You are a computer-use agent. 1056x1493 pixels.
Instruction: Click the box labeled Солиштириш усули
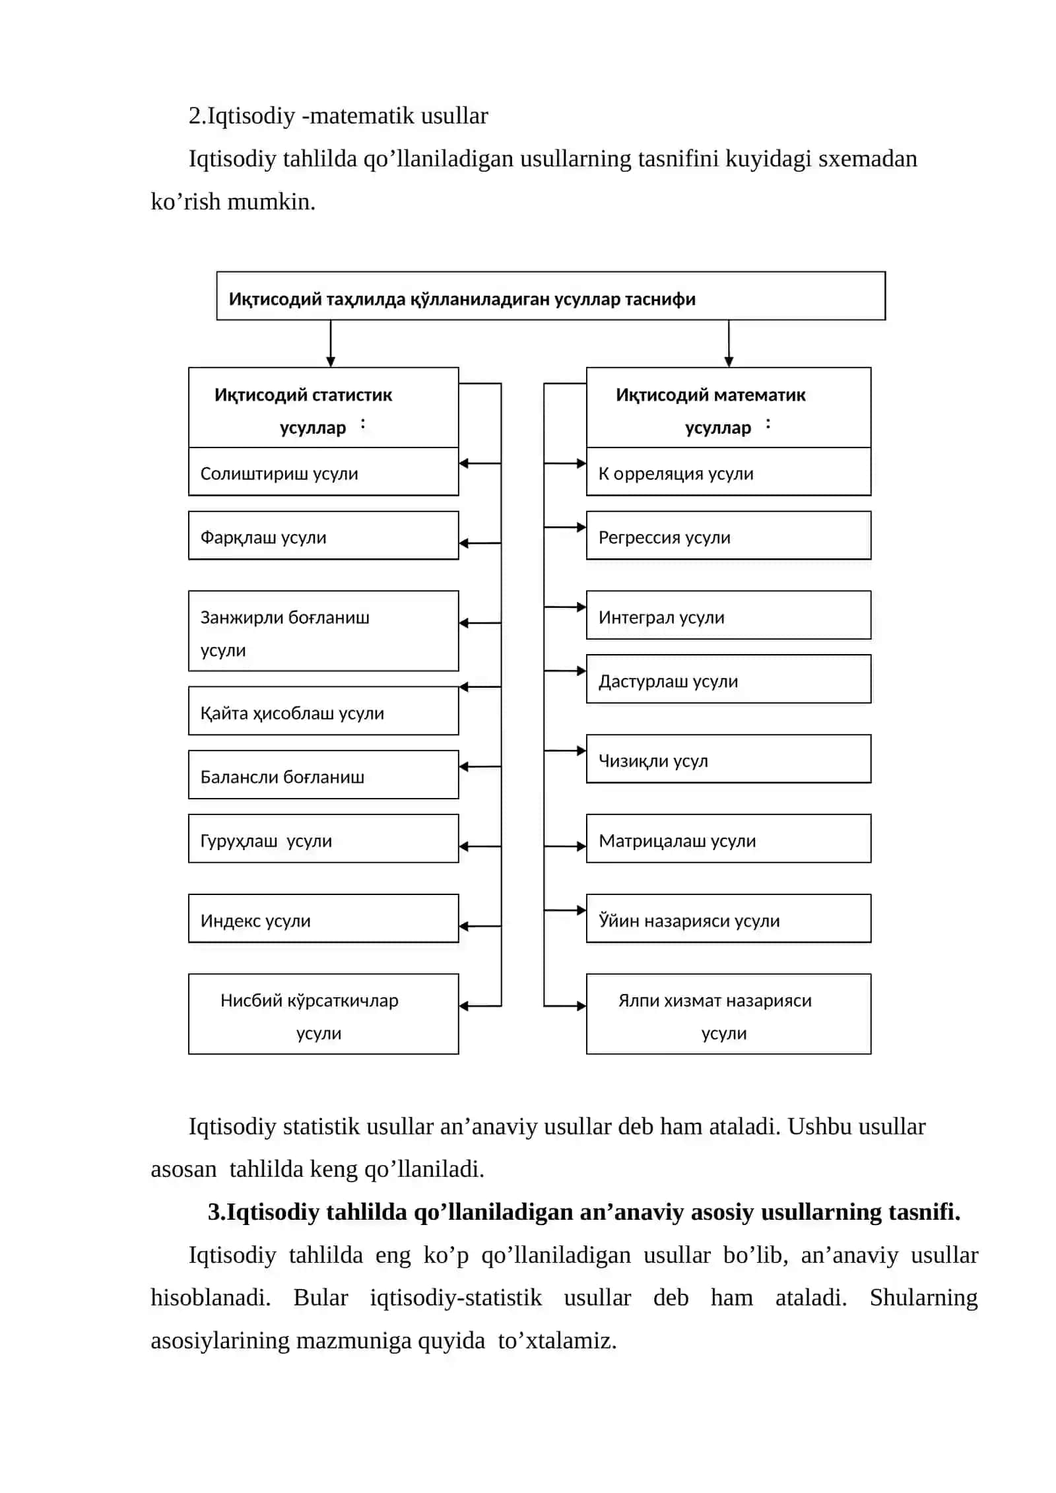point(323,472)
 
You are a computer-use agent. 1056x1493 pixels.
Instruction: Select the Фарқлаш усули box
point(323,535)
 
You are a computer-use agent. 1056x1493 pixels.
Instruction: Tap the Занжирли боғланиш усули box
point(323,631)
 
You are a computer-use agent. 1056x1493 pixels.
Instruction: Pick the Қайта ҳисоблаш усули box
point(323,711)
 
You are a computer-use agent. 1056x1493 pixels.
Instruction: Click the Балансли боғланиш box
point(323,775)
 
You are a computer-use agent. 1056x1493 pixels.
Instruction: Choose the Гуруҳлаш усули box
point(323,839)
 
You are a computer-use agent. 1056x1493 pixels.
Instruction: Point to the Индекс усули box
point(323,919)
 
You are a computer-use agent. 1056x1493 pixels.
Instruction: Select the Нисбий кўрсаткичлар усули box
point(323,1014)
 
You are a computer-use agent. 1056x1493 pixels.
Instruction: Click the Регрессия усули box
point(729,535)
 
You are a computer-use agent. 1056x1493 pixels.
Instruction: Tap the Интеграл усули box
point(729,615)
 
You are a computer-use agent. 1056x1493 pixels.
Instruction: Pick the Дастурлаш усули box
point(729,679)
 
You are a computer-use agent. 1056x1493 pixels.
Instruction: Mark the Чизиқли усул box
point(729,759)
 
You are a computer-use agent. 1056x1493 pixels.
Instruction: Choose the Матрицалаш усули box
point(729,839)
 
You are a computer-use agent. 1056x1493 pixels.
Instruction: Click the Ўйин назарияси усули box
point(729,919)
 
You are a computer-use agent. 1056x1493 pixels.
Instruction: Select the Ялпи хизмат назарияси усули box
point(729,1014)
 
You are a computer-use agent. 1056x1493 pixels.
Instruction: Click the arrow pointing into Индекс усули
point(480,927)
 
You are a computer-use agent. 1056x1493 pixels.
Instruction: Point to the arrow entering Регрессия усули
point(565,527)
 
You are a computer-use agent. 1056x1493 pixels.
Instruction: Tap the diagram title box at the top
point(551,296)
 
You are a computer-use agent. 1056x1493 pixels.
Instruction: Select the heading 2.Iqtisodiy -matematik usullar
point(339,116)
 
